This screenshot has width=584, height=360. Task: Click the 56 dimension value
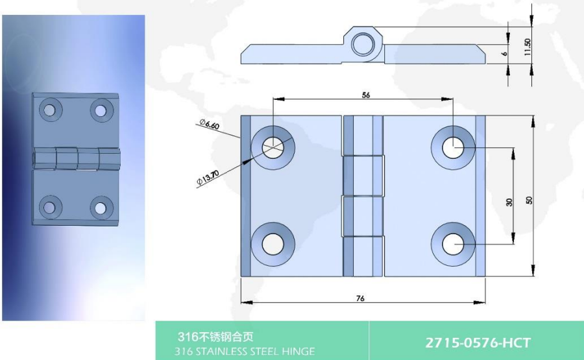click(366, 95)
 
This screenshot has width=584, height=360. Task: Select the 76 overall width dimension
click(360, 298)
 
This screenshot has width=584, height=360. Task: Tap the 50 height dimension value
click(529, 200)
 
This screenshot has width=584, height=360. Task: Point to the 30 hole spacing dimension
click(509, 202)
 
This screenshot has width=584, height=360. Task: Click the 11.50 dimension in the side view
click(527, 47)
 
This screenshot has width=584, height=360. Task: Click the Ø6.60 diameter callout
click(210, 124)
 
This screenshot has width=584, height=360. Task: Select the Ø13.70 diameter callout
click(208, 178)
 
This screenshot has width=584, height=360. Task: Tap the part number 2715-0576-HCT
click(478, 342)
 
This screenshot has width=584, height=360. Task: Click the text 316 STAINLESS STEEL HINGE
click(245, 351)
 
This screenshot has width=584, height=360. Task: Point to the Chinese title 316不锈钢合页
click(215, 337)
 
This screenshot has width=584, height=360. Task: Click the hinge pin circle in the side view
click(363, 44)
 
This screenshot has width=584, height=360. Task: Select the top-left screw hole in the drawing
click(273, 147)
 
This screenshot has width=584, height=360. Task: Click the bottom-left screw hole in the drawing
click(273, 245)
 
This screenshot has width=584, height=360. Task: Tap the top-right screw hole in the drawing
click(453, 147)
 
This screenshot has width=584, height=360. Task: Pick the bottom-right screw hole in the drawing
click(453, 245)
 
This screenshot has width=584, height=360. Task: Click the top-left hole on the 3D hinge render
click(50, 110)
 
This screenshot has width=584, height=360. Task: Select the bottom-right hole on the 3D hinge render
click(101, 208)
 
